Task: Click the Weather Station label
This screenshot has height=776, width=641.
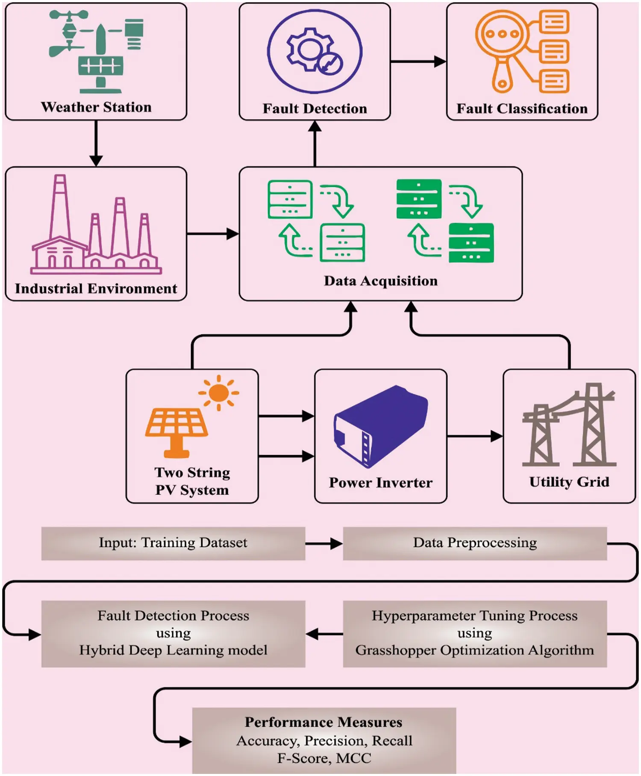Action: [x=96, y=107]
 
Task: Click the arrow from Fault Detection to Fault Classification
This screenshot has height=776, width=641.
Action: [x=418, y=62]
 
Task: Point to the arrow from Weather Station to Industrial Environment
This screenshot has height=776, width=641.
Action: [x=96, y=143]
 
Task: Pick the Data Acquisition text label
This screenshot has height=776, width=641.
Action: [x=380, y=281]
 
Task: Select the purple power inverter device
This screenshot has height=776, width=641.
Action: [x=380, y=425]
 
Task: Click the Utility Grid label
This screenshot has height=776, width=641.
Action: [x=569, y=482]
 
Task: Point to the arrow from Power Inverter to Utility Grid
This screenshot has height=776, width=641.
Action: [x=474, y=436]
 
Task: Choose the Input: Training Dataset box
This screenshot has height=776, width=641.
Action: [x=173, y=543]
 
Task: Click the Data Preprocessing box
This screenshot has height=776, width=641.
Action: [x=474, y=543]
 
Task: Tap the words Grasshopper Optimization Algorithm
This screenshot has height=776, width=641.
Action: [x=474, y=650]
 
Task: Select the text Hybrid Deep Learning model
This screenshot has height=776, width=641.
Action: [x=173, y=650]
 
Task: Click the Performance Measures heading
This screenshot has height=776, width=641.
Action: [x=323, y=722]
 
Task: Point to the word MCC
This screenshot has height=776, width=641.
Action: [x=353, y=758]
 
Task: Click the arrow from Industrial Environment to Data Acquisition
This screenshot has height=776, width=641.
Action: [x=212, y=234]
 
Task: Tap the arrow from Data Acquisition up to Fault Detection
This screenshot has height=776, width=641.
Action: [x=315, y=143]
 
